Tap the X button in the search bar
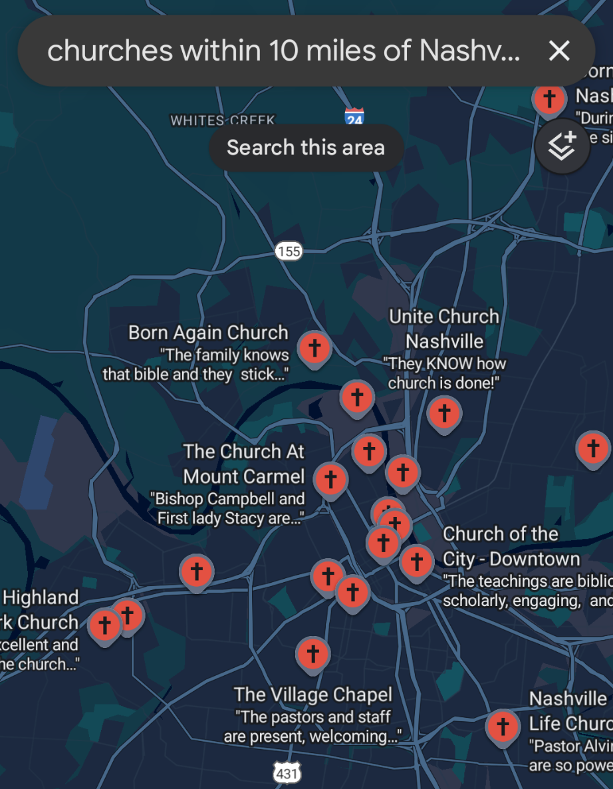coord(559,51)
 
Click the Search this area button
coord(306,147)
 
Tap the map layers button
coord(562,146)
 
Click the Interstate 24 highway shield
coord(354,118)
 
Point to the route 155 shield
coord(289,251)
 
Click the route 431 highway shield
coord(287,773)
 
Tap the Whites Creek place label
coord(222,120)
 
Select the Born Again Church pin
coord(314,348)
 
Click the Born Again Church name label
coord(208,333)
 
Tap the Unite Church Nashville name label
coord(444,329)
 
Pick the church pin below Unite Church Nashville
coord(444,413)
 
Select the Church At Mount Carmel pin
coord(330,479)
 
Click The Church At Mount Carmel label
coord(244,464)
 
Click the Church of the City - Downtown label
coord(511,546)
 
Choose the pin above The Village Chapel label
coord(313,654)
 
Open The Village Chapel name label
coord(313,695)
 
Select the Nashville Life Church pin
coord(503,726)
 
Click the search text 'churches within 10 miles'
coord(226,51)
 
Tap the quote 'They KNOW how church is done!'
coord(444,373)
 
